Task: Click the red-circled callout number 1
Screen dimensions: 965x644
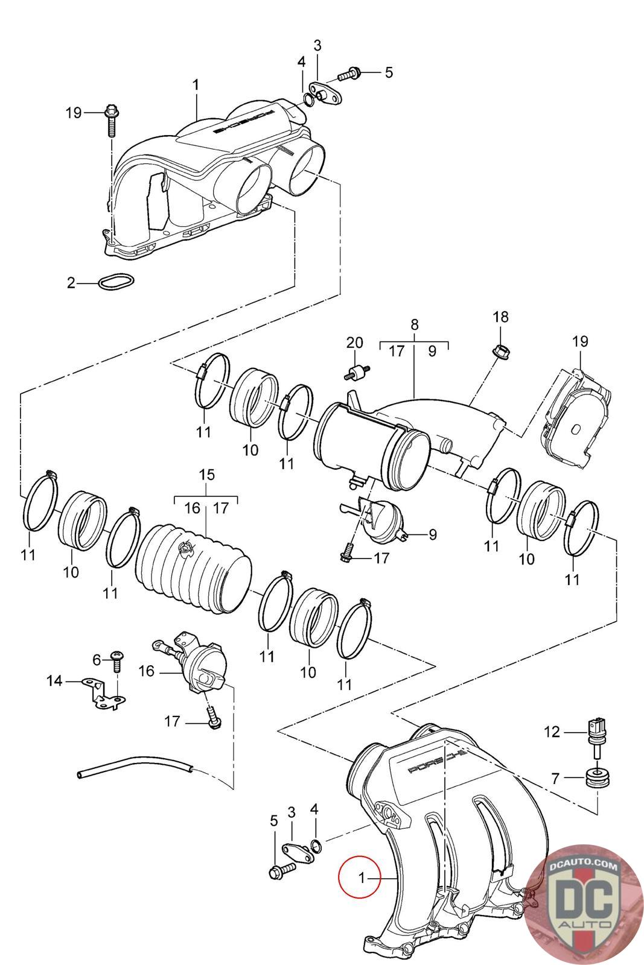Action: click(362, 878)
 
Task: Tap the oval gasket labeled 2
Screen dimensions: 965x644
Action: click(116, 281)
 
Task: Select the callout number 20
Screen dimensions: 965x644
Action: click(354, 343)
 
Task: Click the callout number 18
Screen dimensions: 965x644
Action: click(500, 317)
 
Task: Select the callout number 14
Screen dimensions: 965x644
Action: click(54, 681)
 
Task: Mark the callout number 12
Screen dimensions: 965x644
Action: click(552, 732)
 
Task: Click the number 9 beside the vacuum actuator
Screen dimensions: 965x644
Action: click(432, 534)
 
